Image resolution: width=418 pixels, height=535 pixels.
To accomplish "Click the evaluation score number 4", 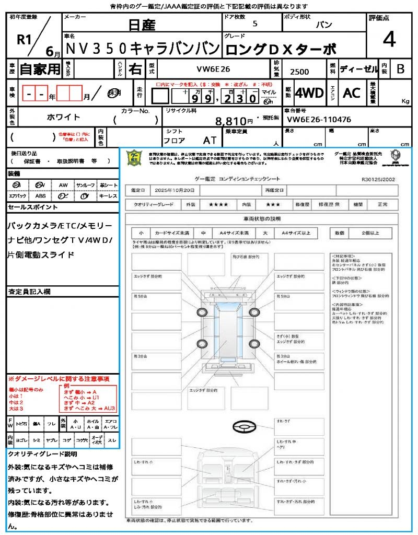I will coord(389,40).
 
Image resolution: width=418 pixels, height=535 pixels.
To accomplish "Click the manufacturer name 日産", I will coord(142,25).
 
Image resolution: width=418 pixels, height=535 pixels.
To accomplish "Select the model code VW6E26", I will coord(213,68).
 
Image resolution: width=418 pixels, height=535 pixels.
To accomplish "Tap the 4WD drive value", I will coord(309,93).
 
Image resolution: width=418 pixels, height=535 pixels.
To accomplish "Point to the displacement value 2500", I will coord(299,72).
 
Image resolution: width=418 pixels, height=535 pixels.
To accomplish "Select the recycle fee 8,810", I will coord(231,121).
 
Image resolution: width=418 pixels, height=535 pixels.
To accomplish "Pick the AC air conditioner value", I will coord(352,93).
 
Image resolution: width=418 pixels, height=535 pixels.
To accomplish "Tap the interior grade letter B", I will coord(400,68).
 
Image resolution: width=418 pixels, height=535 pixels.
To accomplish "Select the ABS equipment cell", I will coord(41,196).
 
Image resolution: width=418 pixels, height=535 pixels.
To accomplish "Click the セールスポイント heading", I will coord(33,207).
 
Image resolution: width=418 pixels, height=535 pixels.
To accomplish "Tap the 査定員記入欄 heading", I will coord(29,291).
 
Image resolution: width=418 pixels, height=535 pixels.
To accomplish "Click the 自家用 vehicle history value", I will coord(40,69).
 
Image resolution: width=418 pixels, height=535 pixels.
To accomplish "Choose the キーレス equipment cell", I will coord(108,196).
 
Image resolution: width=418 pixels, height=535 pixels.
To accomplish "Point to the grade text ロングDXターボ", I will coord(280,50).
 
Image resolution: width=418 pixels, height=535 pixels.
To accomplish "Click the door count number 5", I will coord(254,24).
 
